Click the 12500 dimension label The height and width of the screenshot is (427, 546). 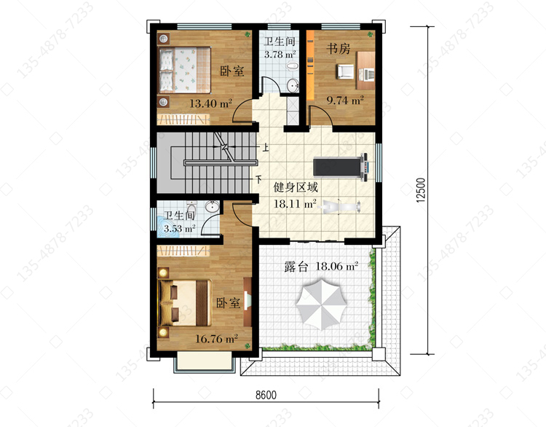pos(421,190)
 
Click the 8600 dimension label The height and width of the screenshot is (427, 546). pos(266,395)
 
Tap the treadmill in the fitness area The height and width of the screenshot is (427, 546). pos(341,168)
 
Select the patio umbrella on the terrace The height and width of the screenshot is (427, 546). pos(322,305)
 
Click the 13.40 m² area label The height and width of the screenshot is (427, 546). pos(210,103)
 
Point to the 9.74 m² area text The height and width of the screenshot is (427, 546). pos(345,101)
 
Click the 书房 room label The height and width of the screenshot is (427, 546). pos(338,48)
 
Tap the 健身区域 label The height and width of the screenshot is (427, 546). pos(296,187)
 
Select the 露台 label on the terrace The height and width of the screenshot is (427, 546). pos(296,267)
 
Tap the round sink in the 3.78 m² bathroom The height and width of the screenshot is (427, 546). pos(293,85)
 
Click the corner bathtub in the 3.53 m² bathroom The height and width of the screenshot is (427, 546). pos(167,228)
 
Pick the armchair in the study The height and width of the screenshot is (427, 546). pos(345,71)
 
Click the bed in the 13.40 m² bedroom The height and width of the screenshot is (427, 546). pos(185,71)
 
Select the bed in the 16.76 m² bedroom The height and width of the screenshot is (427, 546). pos(185,302)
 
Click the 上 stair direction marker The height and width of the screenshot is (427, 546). pos(266,147)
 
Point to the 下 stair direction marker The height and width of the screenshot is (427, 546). pos(258,179)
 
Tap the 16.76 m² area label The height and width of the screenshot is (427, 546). pos(216,338)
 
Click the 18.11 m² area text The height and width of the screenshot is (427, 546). pos(295,203)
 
